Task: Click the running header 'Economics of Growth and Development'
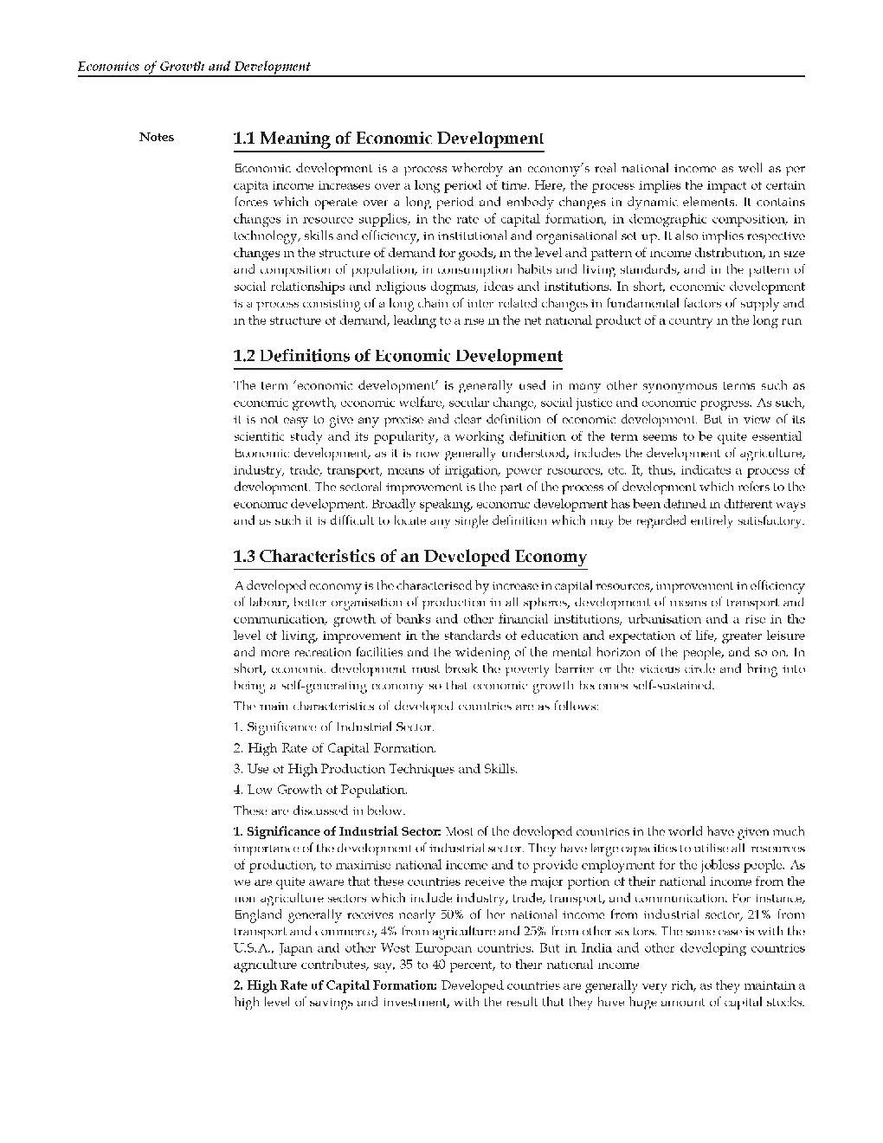point(194,67)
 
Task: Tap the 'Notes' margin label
point(157,137)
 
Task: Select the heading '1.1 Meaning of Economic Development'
point(389,139)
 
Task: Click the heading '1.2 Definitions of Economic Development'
point(398,356)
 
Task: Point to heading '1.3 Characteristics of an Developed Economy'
point(410,557)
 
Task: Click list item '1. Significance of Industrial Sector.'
point(334,727)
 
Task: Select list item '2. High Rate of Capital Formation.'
point(335,748)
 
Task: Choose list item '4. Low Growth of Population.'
point(320,790)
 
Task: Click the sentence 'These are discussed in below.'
point(319,811)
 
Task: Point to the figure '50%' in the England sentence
point(451,914)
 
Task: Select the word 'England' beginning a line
point(258,914)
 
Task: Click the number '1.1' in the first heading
point(245,139)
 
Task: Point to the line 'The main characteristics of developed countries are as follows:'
point(416,707)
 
